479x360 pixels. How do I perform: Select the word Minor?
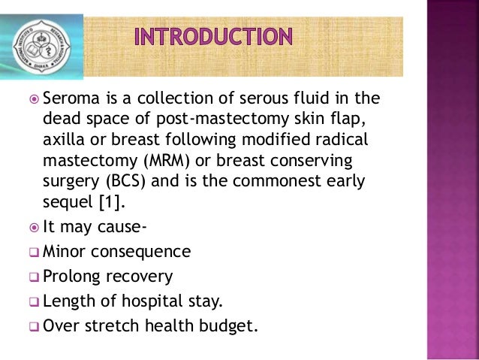point(65,252)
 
